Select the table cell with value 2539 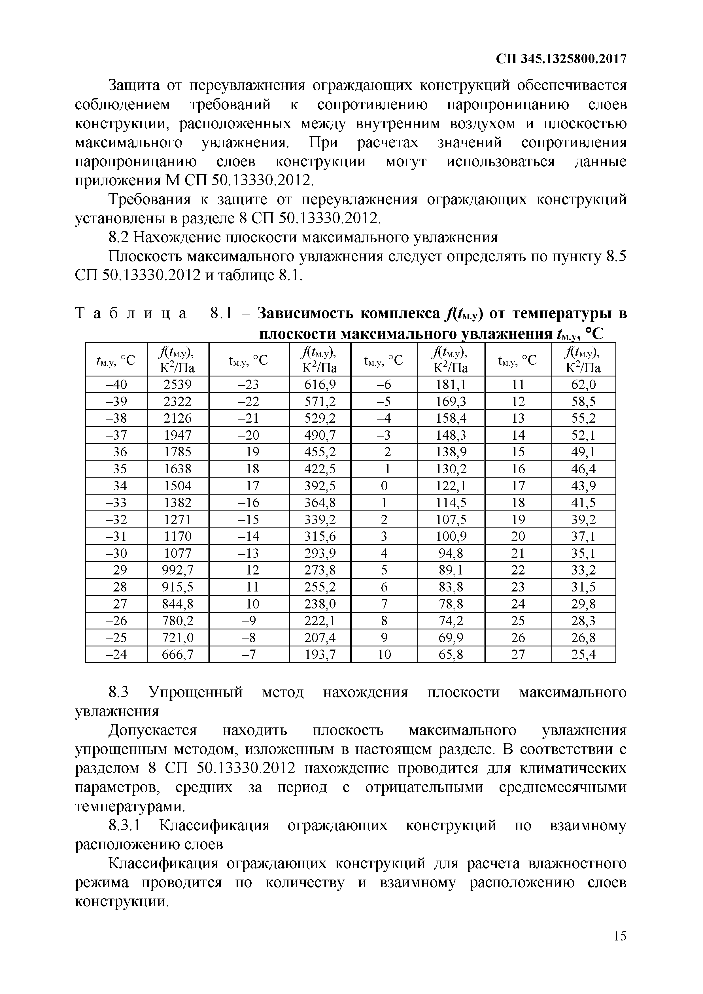coord(178,384)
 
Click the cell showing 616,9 coord(320,384)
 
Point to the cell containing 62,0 coord(583,384)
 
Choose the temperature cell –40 coord(116,384)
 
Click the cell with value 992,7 coord(178,570)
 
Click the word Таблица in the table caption coord(131,313)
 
